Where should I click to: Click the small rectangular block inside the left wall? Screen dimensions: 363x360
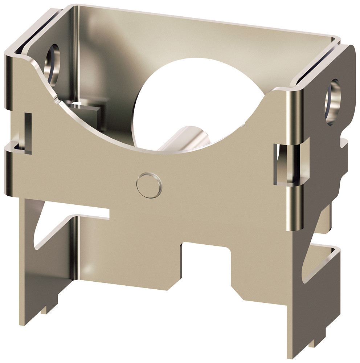pos(87,111)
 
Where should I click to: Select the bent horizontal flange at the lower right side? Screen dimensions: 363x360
pos(323,261)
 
